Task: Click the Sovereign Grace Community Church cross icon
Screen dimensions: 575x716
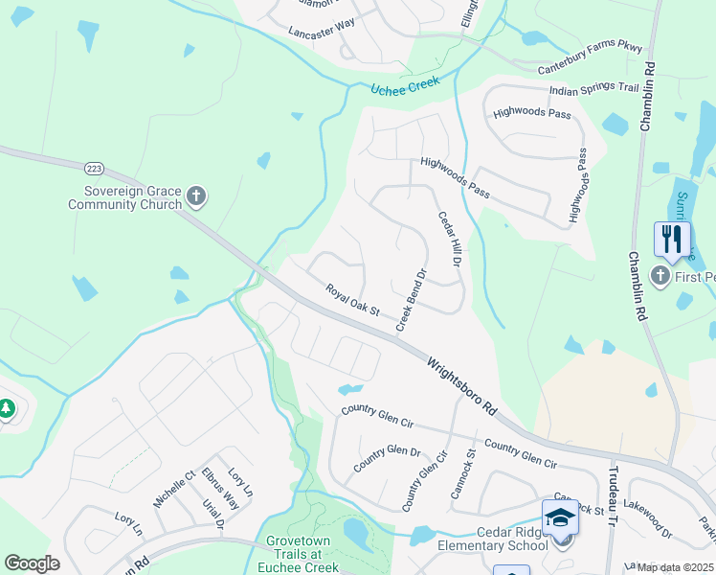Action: point(196,197)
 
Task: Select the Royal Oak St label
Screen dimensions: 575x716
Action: point(352,300)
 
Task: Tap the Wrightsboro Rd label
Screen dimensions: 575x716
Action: point(462,385)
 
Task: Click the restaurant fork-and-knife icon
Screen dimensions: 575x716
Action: point(672,238)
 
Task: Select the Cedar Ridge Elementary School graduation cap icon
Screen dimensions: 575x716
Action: point(560,517)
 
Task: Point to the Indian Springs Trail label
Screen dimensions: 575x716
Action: point(593,88)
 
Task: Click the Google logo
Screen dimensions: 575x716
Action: point(32,563)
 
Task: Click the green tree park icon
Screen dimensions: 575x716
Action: point(7,409)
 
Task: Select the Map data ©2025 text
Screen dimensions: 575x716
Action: point(675,567)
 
